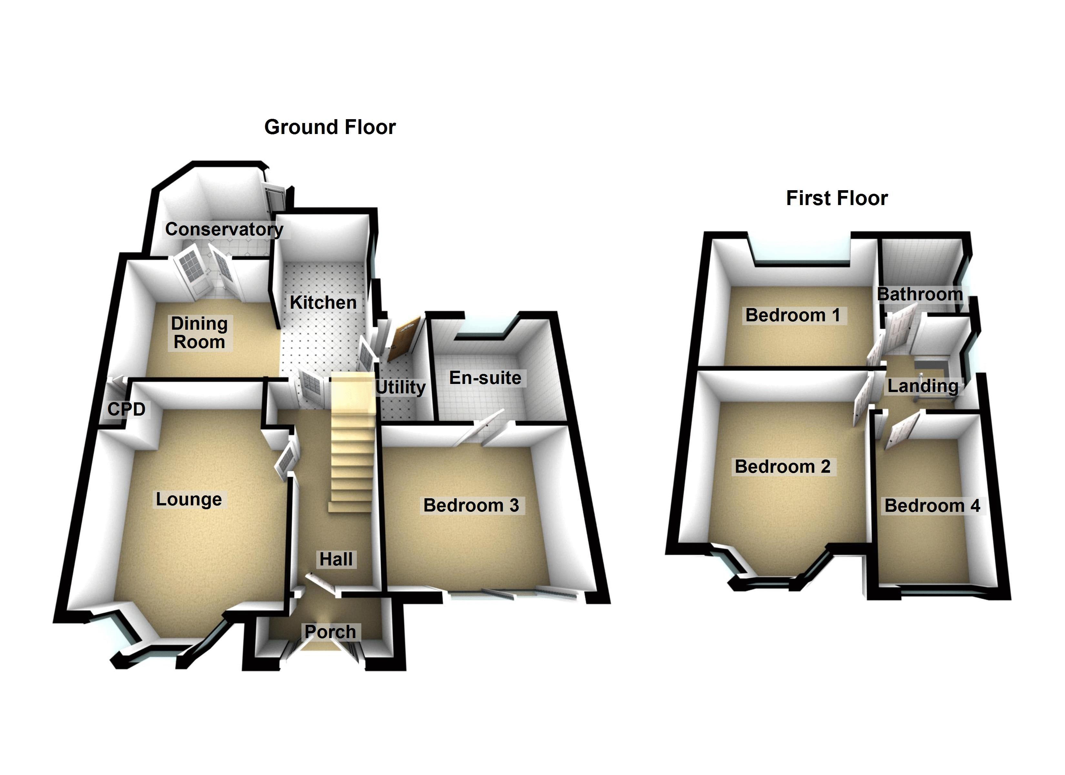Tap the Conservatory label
tap(224, 229)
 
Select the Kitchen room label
tap(323, 303)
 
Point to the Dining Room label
tap(199, 333)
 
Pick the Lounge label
tap(189, 499)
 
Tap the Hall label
tap(336, 559)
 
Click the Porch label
tap(330, 632)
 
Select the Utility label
tap(401, 387)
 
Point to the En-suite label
tap(485, 378)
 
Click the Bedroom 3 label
tap(471, 505)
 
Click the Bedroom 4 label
tap(932, 506)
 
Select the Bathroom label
tap(920, 294)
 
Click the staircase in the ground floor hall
tap(352, 447)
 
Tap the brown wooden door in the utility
tap(402, 337)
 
